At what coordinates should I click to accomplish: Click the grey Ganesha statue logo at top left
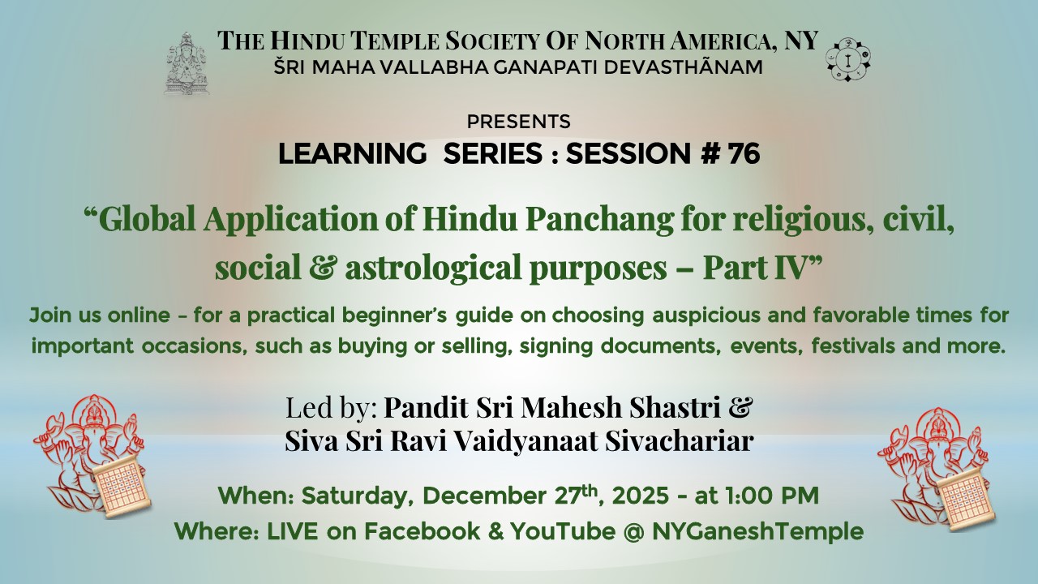point(187,63)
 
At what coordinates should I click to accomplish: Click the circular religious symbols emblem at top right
point(848,59)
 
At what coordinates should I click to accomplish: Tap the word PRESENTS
point(518,122)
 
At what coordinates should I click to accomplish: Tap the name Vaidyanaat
point(525,440)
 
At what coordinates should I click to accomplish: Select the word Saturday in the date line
point(358,496)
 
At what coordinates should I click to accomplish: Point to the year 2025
point(641,496)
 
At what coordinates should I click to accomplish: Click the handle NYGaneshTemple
point(757,532)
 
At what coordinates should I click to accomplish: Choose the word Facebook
point(422,531)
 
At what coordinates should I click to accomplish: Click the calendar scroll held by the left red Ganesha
point(119,487)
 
